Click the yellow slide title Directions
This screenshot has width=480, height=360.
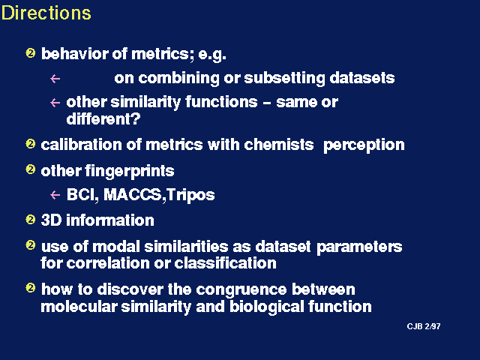point(46,13)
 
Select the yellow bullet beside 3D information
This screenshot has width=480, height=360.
point(30,220)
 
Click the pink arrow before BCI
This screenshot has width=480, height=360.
point(55,195)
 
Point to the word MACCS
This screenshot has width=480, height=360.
point(132,194)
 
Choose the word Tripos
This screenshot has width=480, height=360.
point(190,195)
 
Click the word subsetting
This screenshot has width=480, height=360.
point(284,78)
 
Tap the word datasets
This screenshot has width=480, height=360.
point(361,78)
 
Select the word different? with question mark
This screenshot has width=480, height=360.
point(103,118)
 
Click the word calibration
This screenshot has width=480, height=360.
point(81,144)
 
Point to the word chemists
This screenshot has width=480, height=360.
point(278,144)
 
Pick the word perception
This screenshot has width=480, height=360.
point(364,145)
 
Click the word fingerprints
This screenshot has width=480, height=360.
point(130,171)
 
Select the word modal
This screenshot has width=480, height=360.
point(116,247)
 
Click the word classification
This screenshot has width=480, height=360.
point(225,263)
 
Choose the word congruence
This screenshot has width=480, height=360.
point(241,290)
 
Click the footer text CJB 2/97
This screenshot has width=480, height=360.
point(424,326)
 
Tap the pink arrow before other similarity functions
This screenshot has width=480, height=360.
point(55,103)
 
